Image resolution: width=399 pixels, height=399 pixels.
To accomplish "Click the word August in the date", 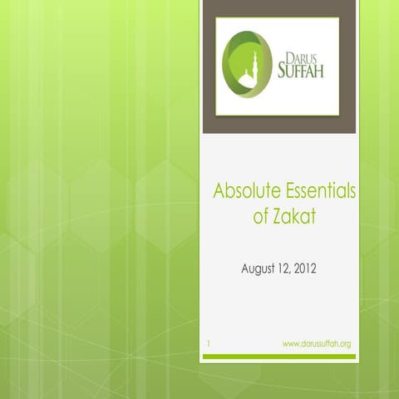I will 260,269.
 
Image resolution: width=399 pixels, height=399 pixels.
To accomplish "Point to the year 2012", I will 305,268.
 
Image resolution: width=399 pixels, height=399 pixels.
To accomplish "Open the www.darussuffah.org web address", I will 317,343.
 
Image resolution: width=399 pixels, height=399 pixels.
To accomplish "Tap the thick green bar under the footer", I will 278,356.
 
